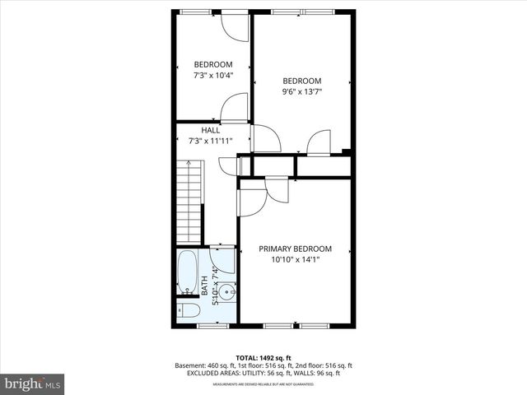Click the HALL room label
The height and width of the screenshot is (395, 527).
(211, 130)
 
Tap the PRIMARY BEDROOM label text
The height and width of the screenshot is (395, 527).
(295, 249)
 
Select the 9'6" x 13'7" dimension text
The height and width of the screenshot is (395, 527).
(301, 92)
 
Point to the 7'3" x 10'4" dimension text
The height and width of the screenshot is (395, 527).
(213, 76)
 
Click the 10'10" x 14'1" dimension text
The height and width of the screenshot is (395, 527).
(295, 259)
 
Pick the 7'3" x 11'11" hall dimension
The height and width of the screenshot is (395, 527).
(211, 141)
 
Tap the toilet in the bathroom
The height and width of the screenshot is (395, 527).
(186, 311)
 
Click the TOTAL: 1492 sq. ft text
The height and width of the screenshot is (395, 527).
(263, 356)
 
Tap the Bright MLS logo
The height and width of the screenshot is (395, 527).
(33, 383)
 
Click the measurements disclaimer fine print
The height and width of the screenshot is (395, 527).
(263, 384)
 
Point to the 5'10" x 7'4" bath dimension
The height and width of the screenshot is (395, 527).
(216, 283)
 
